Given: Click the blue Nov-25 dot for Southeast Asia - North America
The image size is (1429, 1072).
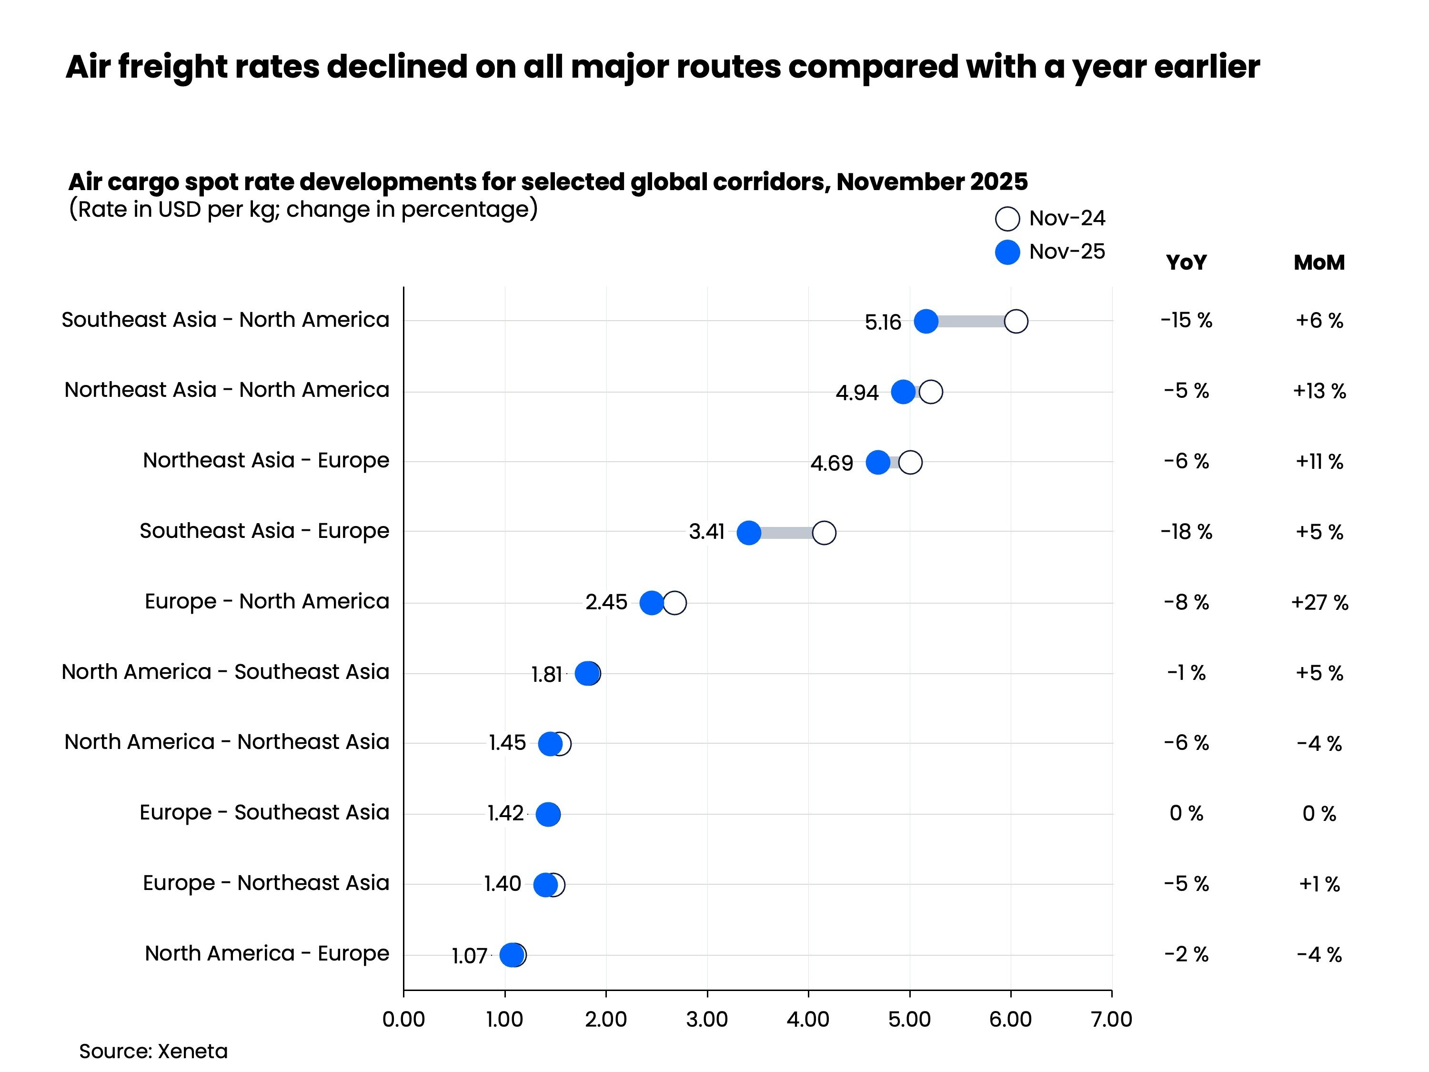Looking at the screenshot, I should click(x=926, y=321).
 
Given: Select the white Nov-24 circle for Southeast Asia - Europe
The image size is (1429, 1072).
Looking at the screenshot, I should click(x=824, y=533).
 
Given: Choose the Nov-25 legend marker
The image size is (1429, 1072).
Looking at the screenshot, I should click(x=1007, y=252).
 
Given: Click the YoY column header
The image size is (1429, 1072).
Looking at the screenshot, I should click(x=1186, y=263).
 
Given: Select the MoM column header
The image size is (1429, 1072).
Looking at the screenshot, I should click(x=1318, y=263).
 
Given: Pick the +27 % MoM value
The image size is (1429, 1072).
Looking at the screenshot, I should click(x=1319, y=602).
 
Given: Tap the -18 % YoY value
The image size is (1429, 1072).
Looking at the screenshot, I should click(x=1186, y=532).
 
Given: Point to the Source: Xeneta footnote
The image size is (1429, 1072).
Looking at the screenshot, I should click(x=153, y=1052).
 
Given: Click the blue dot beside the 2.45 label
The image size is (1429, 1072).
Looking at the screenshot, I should click(x=651, y=603).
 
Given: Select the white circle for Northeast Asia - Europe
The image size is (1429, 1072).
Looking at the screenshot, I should click(x=910, y=463).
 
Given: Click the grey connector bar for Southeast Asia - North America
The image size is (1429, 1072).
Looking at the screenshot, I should click(x=971, y=321).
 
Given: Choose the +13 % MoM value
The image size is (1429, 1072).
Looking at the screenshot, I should click(x=1319, y=391).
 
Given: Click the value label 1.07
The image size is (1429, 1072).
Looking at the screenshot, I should click(x=469, y=956).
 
